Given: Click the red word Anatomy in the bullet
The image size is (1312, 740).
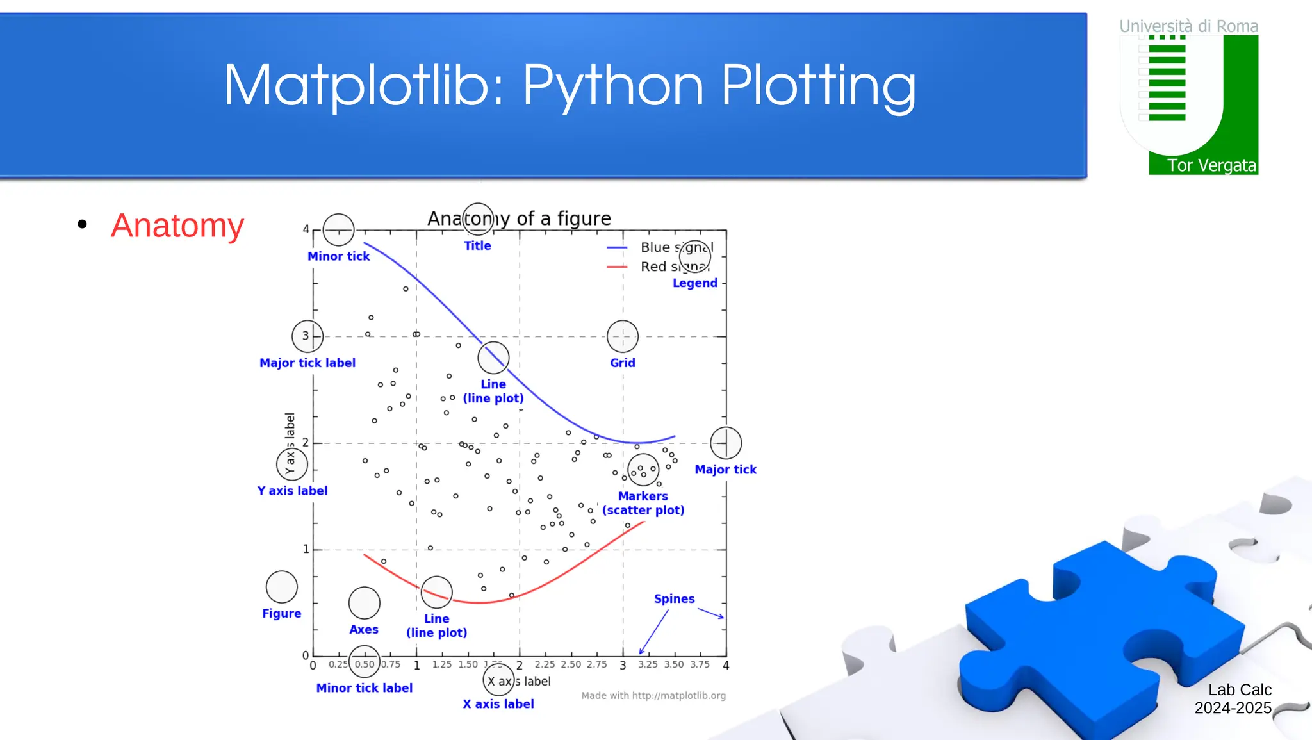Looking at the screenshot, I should pyautogui.click(x=177, y=226).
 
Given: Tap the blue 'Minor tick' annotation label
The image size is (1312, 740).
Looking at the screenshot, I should pyautogui.click(x=338, y=256).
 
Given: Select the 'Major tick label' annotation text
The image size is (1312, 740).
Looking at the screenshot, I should pyautogui.click(x=307, y=363).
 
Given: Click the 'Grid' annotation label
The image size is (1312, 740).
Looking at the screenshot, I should pyautogui.click(x=622, y=363).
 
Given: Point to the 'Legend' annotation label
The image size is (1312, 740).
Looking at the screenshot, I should pyautogui.click(x=694, y=283).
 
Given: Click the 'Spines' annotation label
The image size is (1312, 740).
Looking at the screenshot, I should pyautogui.click(x=674, y=598).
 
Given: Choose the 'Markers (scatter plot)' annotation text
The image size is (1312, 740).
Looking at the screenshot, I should pyautogui.click(x=643, y=503).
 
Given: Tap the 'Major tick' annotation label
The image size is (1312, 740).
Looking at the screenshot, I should pyautogui.click(x=725, y=470).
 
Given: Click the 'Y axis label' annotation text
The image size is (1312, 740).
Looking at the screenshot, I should pyautogui.click(x=292, y=491).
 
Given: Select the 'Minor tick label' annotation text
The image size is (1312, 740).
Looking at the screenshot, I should pyautogui.click(x=364, y=687).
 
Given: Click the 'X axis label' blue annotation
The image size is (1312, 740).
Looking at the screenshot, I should pyautogui.click(x=498, y=703).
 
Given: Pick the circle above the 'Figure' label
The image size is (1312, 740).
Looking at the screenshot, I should pyautogui.click(x=282, y=586).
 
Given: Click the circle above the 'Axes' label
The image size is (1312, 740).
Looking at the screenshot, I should pyautogui.click(x=364, y=602).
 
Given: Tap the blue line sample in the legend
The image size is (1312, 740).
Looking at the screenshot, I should pyautogui.click(x=617, y=247).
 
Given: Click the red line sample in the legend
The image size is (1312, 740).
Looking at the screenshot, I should pyautogui.click(x=617, y=267).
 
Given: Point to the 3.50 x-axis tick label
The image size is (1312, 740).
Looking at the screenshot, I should pyautogui.click(x=673, y=664).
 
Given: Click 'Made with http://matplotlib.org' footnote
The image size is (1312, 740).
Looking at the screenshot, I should pyautogui.click(x=653, y=695).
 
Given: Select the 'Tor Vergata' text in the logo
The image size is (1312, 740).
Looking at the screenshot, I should pyautogui.click(x=1211, y=165).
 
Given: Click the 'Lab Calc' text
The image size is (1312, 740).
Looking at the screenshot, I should pyautogui.click(x=1240, y=689).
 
